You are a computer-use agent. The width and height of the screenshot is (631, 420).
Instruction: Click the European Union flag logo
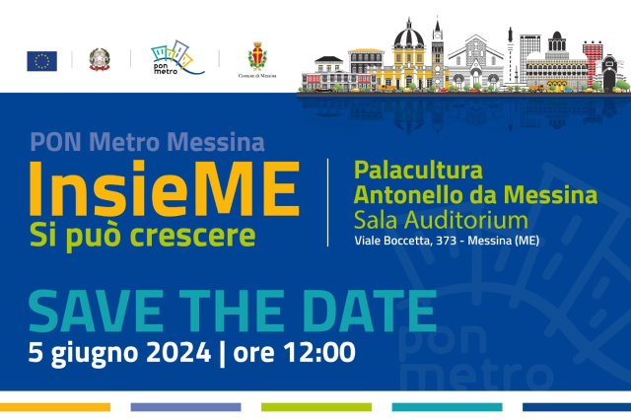click(41, 61)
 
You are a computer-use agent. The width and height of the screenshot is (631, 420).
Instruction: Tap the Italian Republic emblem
click(100, 59)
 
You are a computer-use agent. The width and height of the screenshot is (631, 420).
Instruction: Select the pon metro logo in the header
click(177, 57)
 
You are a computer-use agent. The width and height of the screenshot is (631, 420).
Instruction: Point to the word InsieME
click(165, 188)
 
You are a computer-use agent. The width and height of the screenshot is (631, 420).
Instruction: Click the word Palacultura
click(418, 171)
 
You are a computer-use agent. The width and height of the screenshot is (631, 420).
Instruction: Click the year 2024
click(178, 352)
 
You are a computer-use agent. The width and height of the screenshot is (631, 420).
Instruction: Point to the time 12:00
click(319, 352)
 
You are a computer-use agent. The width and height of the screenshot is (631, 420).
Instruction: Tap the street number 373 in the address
click(446, 241)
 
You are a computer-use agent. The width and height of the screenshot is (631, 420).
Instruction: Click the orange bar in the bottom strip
click(55, 407)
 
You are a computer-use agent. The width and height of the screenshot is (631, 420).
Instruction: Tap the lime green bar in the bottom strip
click(316, 407)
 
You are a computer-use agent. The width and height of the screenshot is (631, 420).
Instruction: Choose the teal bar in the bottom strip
click(447, 407)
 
